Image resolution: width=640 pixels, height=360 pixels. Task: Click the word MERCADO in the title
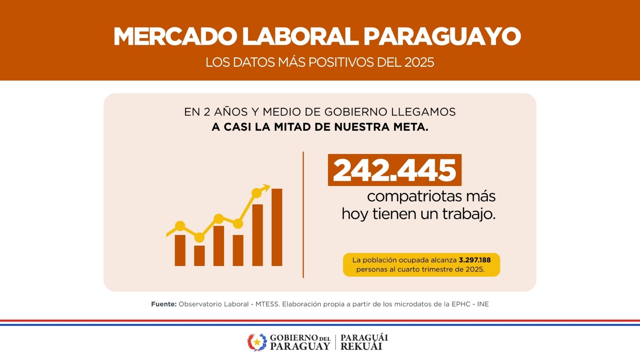coord(175,36)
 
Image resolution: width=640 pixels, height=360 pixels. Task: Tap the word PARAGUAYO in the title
coord(442,36)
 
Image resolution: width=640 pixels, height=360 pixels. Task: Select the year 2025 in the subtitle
coord(419,62)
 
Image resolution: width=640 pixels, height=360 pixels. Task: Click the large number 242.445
coord(394,170)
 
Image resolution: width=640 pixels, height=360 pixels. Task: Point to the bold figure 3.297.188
coord(474,260)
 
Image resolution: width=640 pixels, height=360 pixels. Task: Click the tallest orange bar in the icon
coord(277,227)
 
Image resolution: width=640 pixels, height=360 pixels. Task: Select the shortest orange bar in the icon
coord(199,256)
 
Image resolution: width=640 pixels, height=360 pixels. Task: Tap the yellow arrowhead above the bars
coord(266,187)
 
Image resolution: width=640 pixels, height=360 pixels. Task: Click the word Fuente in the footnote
coord(164,304)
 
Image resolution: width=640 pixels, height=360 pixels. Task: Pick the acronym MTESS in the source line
coord(267,304)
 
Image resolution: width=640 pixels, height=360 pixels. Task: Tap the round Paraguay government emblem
coord(257,342)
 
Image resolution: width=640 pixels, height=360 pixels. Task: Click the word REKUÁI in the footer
coord(361,347)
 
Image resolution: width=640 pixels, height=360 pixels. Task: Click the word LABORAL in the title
coord(300,36)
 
